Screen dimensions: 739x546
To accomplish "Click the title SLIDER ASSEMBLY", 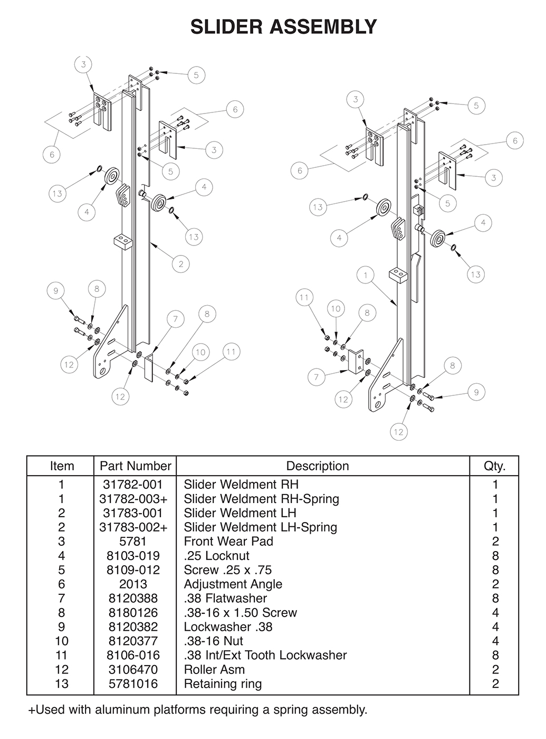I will (283, 26).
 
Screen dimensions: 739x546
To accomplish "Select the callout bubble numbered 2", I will (181, 264).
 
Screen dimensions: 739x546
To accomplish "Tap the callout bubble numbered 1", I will (365, 275).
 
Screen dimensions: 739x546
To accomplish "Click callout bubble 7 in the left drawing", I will (176, 319).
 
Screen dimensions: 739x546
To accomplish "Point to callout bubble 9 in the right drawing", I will (476, 392).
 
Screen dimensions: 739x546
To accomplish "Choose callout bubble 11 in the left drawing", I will (231, 352).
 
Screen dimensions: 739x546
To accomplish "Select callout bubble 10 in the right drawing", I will (336, 309).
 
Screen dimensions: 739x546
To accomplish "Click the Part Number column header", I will (135, 466).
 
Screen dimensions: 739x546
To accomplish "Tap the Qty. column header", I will (494, 466).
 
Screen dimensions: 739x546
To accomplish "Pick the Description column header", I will (317, 466).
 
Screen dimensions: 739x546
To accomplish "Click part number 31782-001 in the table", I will (133, 485).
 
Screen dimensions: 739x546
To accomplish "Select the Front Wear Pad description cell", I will (228, 542).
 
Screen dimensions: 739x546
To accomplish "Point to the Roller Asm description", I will (214, 670).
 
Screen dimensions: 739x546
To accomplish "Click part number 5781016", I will (133, 684).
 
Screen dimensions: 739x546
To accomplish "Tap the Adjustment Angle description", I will (233, 584).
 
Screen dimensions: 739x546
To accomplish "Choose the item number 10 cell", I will (62, 641).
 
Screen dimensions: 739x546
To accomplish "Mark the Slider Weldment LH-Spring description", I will (260, 527).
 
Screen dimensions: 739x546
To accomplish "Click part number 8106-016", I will (133, 656).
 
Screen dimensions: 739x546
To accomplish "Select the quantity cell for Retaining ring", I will (495, 684).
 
